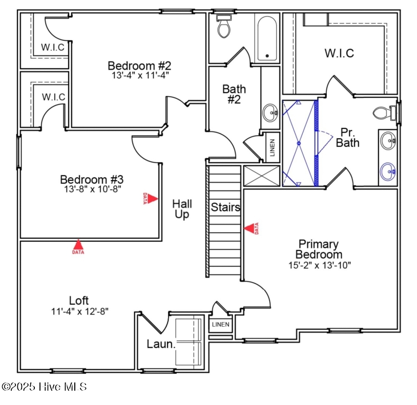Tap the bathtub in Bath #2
[267, 38]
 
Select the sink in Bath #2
[270, 113]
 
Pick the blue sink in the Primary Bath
[388, 172]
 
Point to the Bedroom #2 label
[139, 66]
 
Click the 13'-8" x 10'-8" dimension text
[92, 189]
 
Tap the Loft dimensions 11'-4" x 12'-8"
[80, 311]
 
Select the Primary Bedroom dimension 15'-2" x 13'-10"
[320, 265]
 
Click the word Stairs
[225, 207]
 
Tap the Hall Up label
[182, 209]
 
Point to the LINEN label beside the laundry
[220, 325]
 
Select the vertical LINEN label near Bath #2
[272, 147]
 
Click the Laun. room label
[161, 344]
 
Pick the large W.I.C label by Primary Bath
[339, 53]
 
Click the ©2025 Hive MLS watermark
[44, 387]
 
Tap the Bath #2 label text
[234, 94]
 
